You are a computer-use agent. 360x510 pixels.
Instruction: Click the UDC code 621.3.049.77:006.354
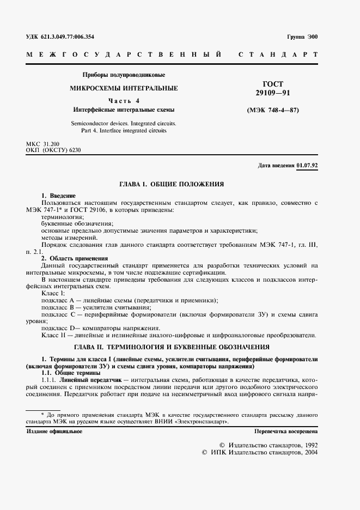pos(60,37)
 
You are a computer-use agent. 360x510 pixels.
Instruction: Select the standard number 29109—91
pos(273,93)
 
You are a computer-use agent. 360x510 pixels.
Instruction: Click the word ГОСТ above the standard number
pos(273,84)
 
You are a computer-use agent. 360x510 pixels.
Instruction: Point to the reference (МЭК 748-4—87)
pos(273,111)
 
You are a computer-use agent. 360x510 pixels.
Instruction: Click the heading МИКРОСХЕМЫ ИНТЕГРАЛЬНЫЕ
pos(123,88)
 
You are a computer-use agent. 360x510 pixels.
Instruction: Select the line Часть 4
pos(123,100)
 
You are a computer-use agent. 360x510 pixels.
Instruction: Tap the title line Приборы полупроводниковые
pos(123,75)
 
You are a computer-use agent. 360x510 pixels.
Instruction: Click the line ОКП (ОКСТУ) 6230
pos(53,150)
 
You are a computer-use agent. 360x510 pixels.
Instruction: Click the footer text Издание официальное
pos(54,431)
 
